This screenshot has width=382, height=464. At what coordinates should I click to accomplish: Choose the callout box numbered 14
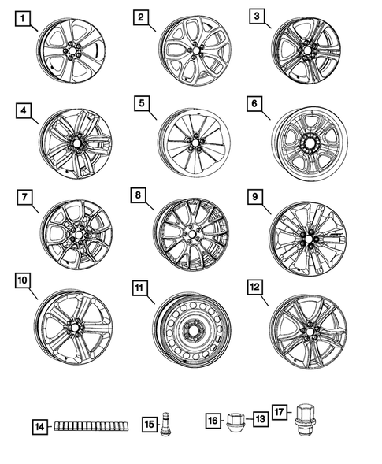point(39,426)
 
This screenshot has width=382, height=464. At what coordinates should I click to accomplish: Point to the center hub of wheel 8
point(191,235)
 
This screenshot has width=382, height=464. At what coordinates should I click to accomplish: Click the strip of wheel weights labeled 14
point(91,426)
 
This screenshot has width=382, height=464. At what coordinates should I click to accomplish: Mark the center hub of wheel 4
point(76,145)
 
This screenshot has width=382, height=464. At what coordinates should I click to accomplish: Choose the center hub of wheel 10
point(75,326)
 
